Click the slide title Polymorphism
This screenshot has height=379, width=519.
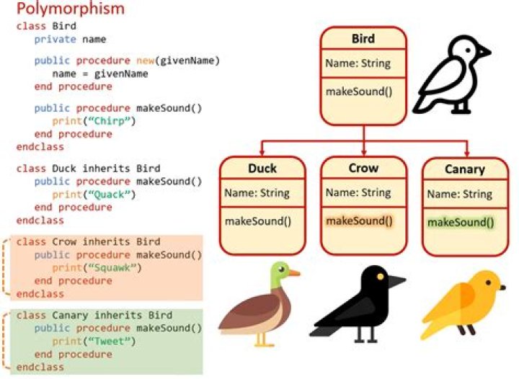71,9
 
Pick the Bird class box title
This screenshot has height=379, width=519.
363,38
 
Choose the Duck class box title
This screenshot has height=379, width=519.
262,169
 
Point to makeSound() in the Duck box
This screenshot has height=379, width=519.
257,220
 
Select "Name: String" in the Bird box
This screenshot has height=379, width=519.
358,63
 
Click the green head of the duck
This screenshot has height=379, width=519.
279,274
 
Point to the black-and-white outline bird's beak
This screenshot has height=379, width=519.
484,51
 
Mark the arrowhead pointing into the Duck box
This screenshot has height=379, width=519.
262,153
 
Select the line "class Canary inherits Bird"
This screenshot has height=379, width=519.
93,316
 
